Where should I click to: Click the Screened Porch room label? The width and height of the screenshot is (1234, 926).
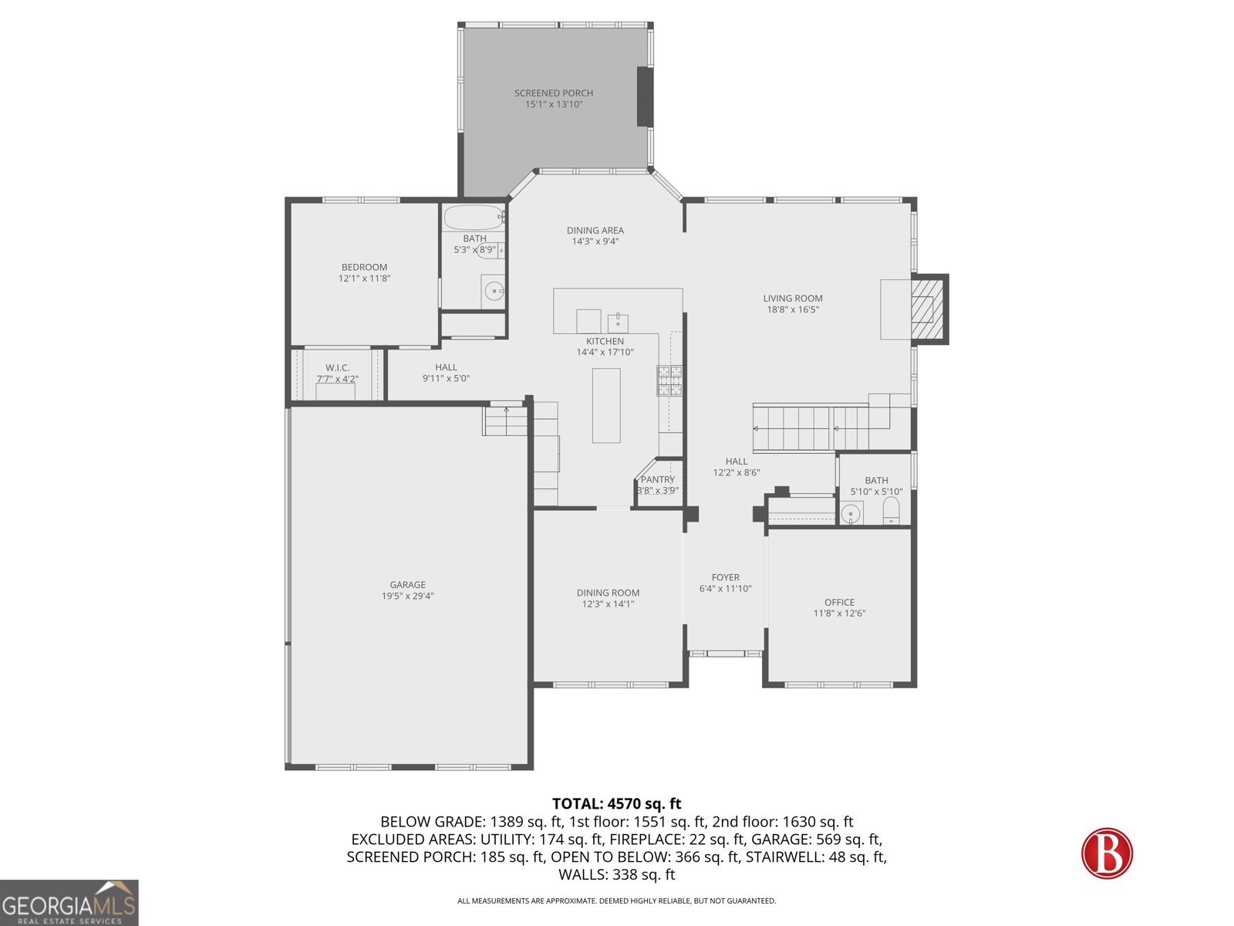[x=554, y=93]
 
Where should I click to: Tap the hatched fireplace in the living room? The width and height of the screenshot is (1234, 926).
[x=926, y=309]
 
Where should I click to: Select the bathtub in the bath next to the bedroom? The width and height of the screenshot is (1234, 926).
[x=473, y=217]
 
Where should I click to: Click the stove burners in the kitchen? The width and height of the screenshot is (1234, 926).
[x=669, y=380]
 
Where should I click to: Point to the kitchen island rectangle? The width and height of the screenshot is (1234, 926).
[x=606, y=405]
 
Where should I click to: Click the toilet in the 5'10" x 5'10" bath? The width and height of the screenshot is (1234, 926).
[x=891, y=510]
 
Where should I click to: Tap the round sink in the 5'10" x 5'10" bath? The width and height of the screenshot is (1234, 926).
[x=851, y=512]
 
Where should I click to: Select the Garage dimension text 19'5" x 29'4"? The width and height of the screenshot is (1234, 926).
[x=407, y=596]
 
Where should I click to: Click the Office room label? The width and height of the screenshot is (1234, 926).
[x=839, y=603]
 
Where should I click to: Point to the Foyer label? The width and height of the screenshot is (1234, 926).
[x=725, y=577]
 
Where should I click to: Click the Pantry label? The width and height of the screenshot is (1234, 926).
[x=657, y=479]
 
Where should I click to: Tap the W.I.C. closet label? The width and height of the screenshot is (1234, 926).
[x=337, y=368]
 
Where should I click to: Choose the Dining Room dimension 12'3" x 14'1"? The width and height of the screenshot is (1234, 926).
[x=608, y=604]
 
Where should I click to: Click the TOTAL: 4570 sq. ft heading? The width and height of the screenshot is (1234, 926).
[x=616, y=804]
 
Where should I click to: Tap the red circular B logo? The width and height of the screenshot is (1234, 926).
[x=1107, y=853]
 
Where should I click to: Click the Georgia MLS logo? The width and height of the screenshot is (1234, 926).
[x=69, y=903]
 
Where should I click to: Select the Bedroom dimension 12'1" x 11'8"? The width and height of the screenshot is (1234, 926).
[x=364, y=279]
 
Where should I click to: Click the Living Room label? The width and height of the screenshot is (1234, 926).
[x=793, y=299]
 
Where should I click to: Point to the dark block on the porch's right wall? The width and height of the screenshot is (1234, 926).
[x=645, y=96]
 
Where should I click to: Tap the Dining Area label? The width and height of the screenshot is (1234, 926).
[x=595, y=231]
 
